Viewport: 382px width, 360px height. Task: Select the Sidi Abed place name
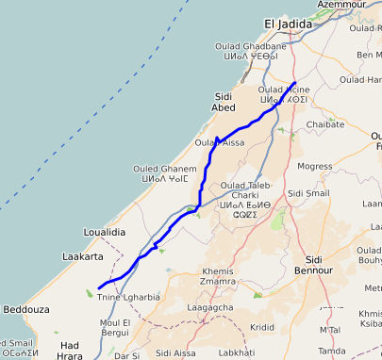(x=224, y=102)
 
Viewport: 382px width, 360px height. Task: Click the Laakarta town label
(x=82, y=255)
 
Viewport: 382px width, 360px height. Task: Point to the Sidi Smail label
(x=308, y=192)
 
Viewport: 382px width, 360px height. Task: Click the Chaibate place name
(x=325, y=123)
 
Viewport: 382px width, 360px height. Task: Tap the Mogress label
(x=314, y=166)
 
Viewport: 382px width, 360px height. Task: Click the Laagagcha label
(x=210, y=308)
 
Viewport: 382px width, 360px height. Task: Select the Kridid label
(x=262, y=327)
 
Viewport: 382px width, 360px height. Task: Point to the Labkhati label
(x=237, y=353)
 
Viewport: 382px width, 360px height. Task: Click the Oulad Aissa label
(x=219, y=143)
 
